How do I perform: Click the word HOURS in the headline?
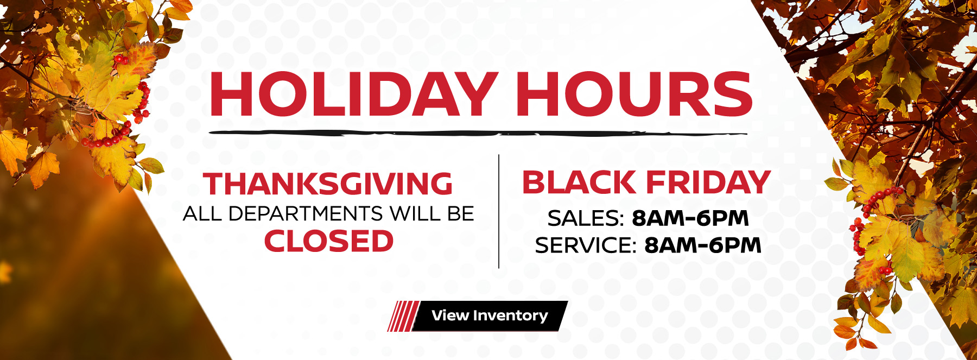click(x=633, y=94)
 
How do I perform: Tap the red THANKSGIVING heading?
click(x=328, y=184)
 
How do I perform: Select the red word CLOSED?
click(x=329, y=241)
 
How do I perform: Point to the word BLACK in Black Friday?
click(x=579, y=182)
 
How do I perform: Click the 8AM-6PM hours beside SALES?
click(x=690, y=218)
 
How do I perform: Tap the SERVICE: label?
click(x=586, y=245)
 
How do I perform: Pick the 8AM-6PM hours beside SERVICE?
click(x=703, y=245)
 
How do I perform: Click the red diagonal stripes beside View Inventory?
click(x=402, y=316)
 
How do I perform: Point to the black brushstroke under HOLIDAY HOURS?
click(x=478, y=133)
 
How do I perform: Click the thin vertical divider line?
click(x=499, y=212)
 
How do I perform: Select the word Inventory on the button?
click(x=510, y=315)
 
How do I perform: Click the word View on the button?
click(x=450, y=315)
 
